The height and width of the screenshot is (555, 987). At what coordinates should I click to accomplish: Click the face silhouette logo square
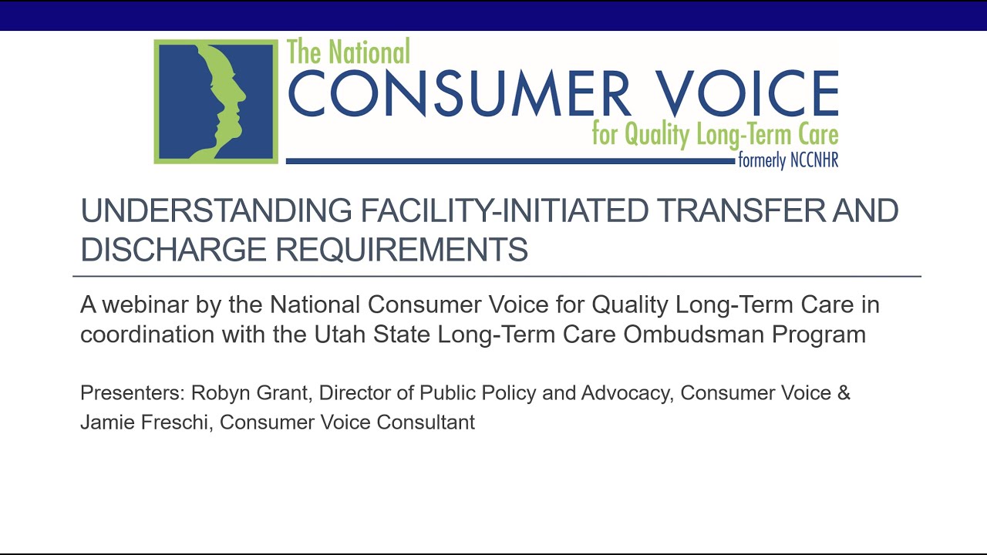pyautogui.click(x=216, y=101)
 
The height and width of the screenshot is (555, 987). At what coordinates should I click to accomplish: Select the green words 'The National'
pyautogui.click(x=349, y=52)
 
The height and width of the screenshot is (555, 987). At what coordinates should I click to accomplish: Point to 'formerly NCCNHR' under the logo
pyautogui.click(x=787, y=161)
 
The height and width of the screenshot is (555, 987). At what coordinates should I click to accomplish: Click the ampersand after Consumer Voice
pyautogui.click(x=844, y=393)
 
